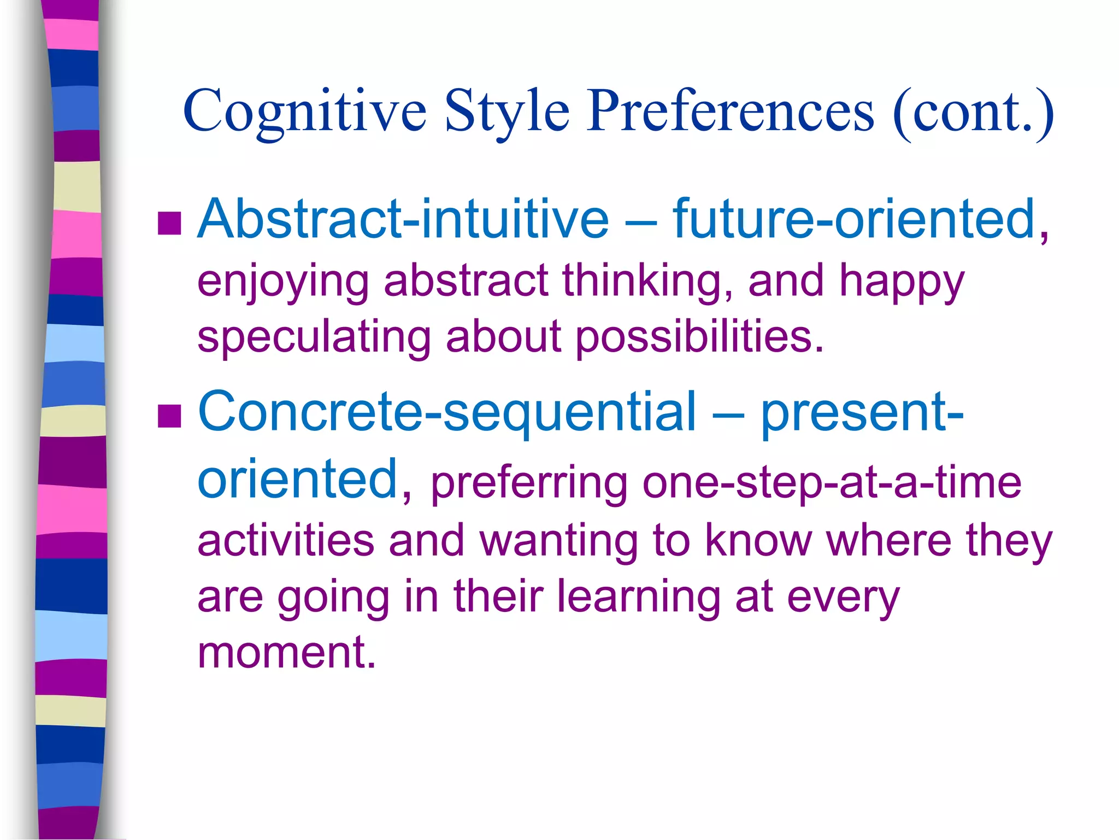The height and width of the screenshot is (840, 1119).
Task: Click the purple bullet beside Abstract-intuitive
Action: (x=169, y=223)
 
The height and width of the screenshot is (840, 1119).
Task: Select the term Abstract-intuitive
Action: (x=403, y=219)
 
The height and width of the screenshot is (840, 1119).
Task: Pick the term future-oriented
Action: (x=853, y=219)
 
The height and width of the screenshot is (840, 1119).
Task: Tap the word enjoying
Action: (x=283, y=281)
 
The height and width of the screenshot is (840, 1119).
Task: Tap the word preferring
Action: (x=529, y=483)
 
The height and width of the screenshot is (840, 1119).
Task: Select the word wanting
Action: (x=558, y=541)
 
